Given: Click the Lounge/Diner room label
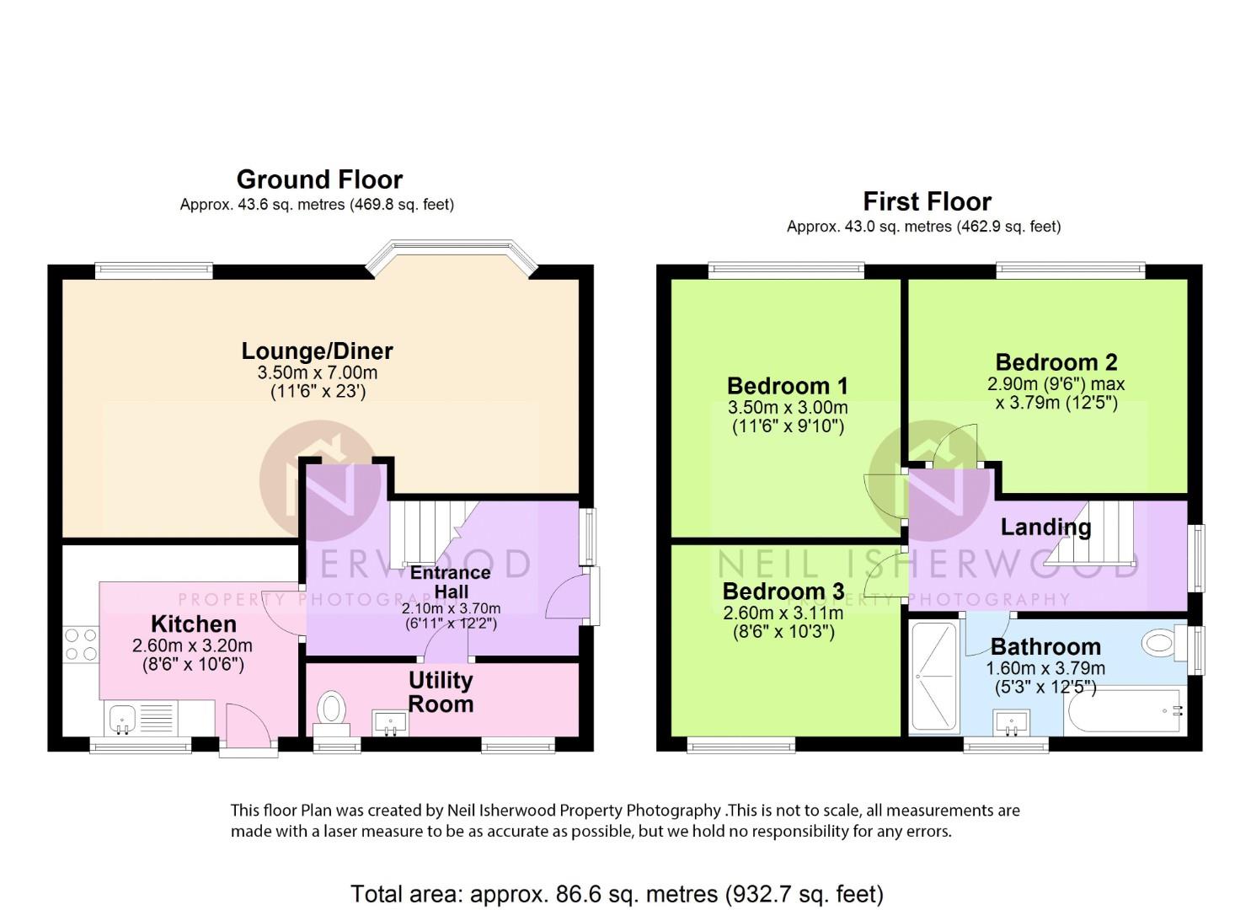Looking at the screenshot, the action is pyautogui.click(x=318, y=351).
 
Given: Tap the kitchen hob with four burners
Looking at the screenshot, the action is pyautogui.click(x=81, y=645).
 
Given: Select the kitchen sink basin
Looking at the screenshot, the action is pyautogui.click(x=122, y=718).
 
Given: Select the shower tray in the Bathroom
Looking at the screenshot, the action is pyautogui.click(x=934, y=677).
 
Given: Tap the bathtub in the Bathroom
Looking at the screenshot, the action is pyautogui.click(x=1125, y=711).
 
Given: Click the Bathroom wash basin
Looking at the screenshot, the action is pyautogui.click(x=1012, y=723).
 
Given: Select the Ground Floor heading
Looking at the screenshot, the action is pyautogui.click(x=319, y=179).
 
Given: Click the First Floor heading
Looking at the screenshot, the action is pyautogui.click(x=927, y=201).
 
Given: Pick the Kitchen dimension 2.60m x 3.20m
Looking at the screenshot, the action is pyautogui.click(x=192, y=645).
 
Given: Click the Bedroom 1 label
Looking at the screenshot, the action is pyautogui.click(x=788, y=386).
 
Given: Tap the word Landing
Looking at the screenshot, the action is pyautogui.click(x=1045, y=527).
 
